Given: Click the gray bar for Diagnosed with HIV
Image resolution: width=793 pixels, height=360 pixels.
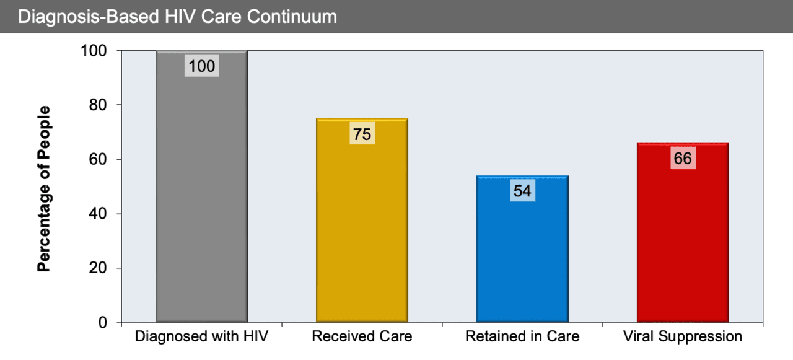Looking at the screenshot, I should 201,198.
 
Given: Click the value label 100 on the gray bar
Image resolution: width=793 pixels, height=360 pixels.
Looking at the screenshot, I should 201,66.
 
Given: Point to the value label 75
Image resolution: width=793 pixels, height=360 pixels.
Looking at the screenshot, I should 362,134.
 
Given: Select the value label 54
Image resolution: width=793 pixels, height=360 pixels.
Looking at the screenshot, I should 522,191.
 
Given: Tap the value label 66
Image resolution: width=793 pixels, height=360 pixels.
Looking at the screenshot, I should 683,159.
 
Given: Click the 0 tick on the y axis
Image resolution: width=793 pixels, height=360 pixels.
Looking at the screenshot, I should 103,323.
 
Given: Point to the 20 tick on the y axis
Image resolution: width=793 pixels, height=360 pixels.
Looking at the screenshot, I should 99,268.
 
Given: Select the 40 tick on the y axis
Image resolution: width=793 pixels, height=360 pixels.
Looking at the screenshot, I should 99,214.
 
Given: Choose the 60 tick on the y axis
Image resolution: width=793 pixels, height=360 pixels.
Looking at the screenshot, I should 99,159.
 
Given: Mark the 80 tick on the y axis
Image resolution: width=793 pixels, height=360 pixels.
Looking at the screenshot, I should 99,105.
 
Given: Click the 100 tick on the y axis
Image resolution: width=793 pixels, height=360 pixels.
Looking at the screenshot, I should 94,51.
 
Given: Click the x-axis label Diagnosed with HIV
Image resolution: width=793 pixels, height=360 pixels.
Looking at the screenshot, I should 201,337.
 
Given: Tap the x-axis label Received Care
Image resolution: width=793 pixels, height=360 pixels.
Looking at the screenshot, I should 362,337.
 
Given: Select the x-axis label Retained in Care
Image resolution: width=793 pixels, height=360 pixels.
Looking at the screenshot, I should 522,337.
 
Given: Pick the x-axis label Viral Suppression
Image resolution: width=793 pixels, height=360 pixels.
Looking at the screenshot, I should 683,337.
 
